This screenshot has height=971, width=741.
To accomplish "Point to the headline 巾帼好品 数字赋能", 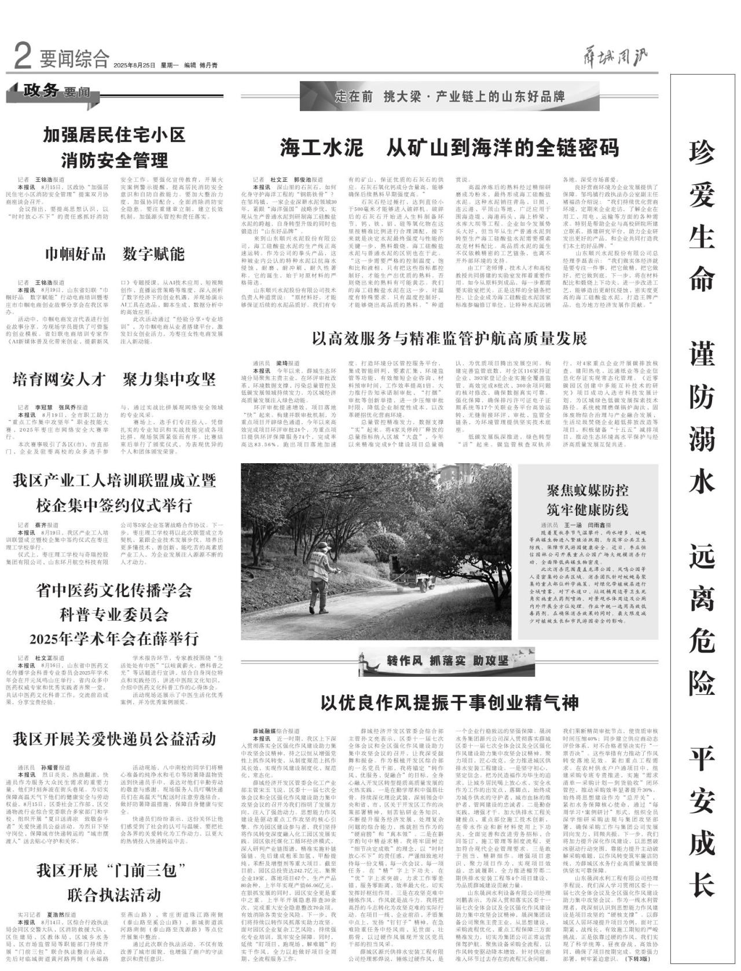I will tap(115, 254).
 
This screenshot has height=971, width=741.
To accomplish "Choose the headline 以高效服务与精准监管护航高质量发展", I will tap(449, 338).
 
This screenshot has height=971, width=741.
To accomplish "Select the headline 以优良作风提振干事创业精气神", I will tap(449, 703).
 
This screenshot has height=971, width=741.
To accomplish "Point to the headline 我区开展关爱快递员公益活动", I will tap(115, 739).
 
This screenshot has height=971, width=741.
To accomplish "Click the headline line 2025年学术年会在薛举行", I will tap(115, 639).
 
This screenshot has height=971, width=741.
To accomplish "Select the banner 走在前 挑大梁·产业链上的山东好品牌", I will tap(449, 96).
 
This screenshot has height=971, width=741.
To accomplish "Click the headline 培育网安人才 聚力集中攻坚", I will tap(115, 380).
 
